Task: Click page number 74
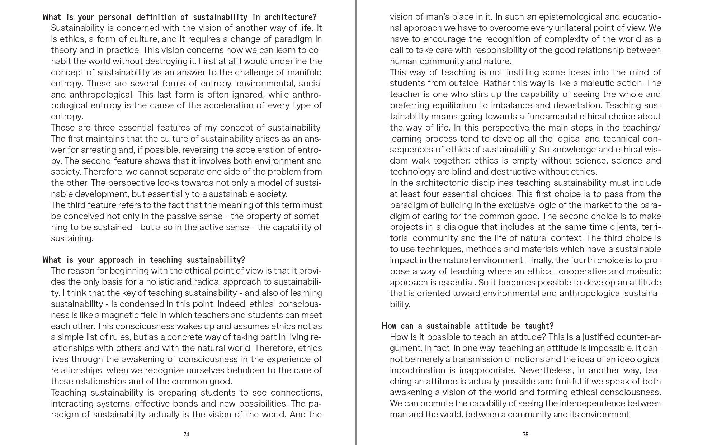tap(186, 435)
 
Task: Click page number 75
tap(525, 435)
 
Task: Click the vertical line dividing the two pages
tap(356, 222)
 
